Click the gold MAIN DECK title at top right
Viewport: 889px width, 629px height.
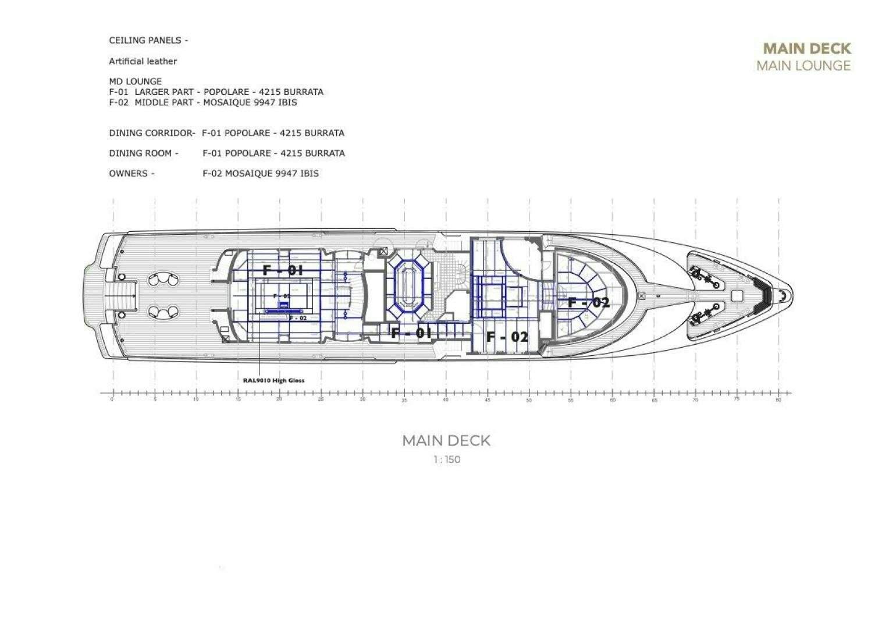click(x=806, y=48)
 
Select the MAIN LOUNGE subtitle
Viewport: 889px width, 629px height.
click(x=803, y=66)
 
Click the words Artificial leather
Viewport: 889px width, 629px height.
click(x=143, y=61)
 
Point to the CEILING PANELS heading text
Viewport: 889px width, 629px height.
click(x=148, y=41)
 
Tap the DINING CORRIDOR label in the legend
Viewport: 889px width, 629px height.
click(x=152, y=133)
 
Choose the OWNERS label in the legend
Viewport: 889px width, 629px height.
click(x=131, y=174)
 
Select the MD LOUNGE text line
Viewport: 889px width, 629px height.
click(x=135, y=82)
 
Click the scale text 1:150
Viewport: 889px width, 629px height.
click(x=446, y=460)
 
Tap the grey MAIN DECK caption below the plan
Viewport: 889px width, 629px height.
click(x=446, y=440)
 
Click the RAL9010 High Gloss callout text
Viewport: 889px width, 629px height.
click(x=273, y=380)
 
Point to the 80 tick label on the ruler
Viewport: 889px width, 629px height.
click(x=778, y=400)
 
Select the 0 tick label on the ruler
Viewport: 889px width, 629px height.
click(x=112, y=400)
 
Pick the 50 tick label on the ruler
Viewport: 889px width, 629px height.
click(x=529, y=400)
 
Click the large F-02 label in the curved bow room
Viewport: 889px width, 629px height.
click(x=588, y=302)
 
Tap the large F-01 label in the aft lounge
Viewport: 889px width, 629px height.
click(x=283, y=270)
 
